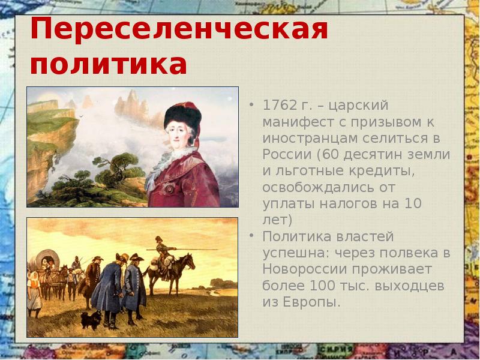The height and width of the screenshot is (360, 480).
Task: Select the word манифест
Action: pyautogui.click(x=294, y=122)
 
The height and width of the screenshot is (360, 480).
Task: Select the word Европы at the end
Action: pyautogui.click(x=312, y=301)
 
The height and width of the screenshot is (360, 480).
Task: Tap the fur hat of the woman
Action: pyautogui.click(x=183, y=113)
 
